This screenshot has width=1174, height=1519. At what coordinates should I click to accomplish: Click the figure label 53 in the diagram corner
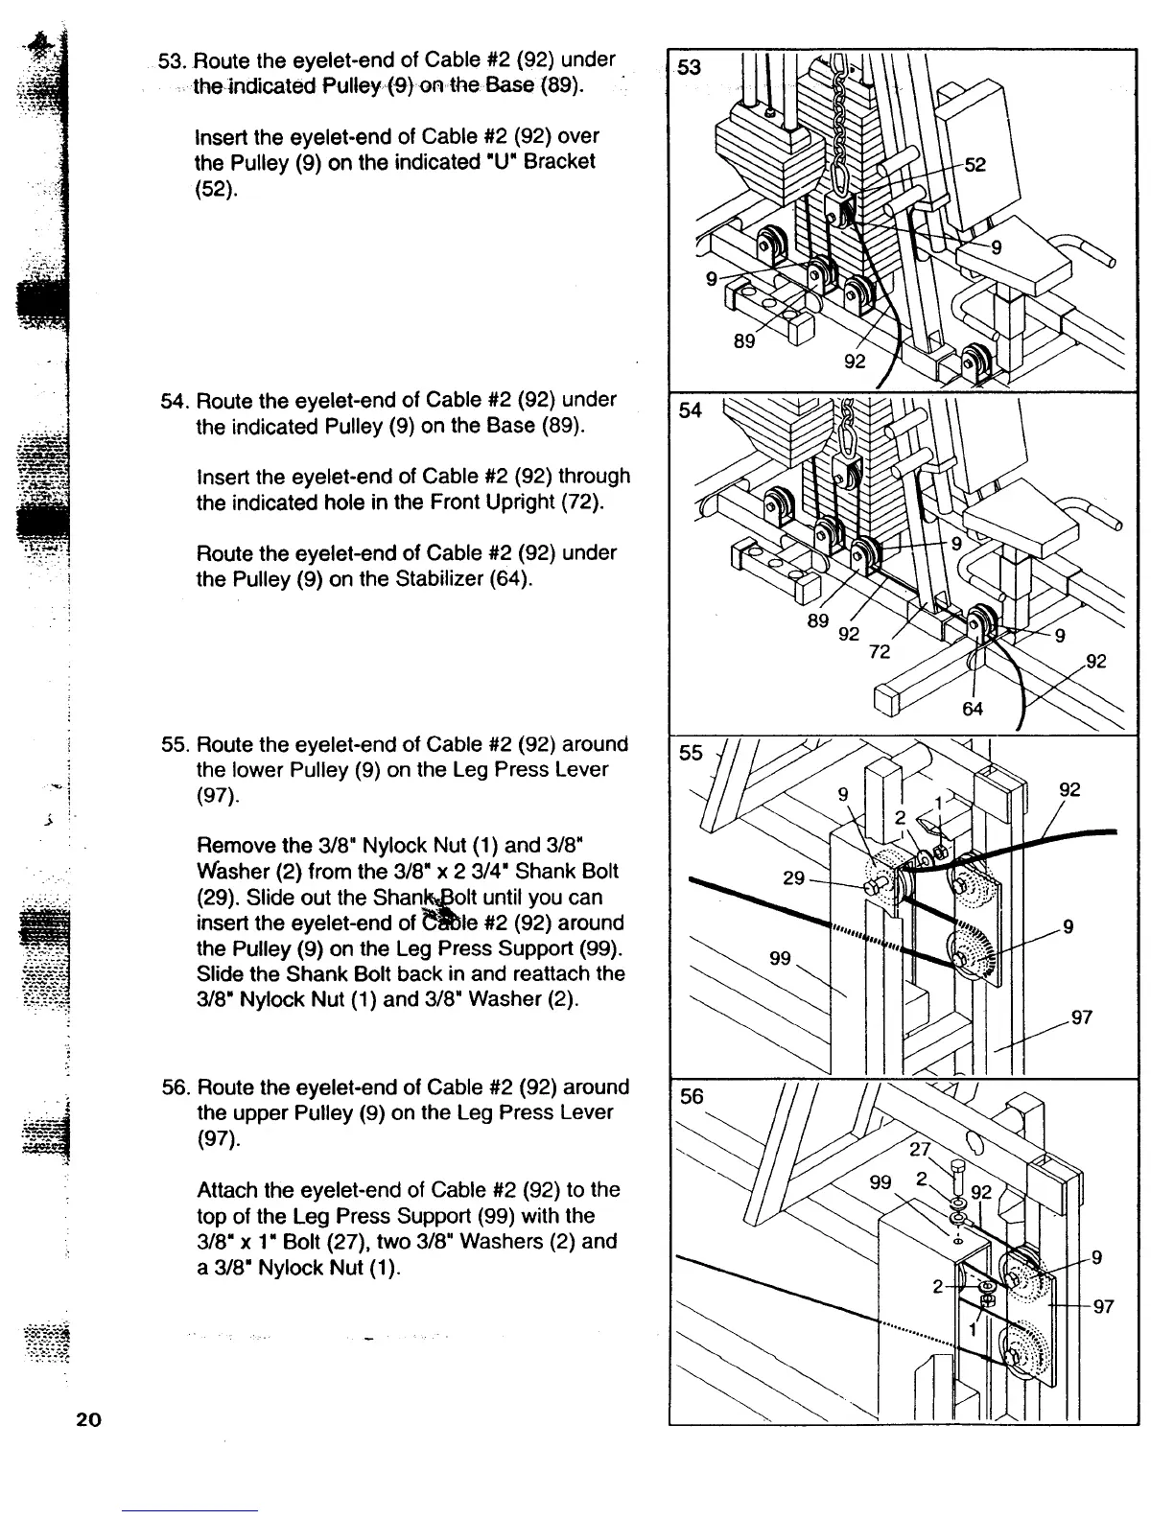click(x=688, y=67)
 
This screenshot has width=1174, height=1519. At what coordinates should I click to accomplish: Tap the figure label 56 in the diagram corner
click(x=691, y=1097)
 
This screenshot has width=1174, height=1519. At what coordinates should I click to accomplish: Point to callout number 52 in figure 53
click(x=974, y=165)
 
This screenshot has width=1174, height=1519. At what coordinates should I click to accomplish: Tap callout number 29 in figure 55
click(x=794, y=877)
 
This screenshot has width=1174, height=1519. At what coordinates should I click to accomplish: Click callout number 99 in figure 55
click(x=782, y=957)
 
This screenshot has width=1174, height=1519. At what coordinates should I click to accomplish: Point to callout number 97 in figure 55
click(x=1082, y=1017)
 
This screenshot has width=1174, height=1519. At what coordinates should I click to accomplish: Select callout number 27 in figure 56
click(x=920, y=1150)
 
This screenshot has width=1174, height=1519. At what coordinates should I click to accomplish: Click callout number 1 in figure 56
click(x=972, y=1329)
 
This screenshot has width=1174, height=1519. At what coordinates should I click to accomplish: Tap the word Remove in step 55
click(x=230, y=846)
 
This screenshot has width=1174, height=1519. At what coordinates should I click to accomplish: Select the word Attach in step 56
click(x=224, y=1190)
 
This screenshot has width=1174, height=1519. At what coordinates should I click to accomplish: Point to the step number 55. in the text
click(x=175, y=745)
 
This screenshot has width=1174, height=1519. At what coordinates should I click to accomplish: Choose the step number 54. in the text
click(x=175, y=400)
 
